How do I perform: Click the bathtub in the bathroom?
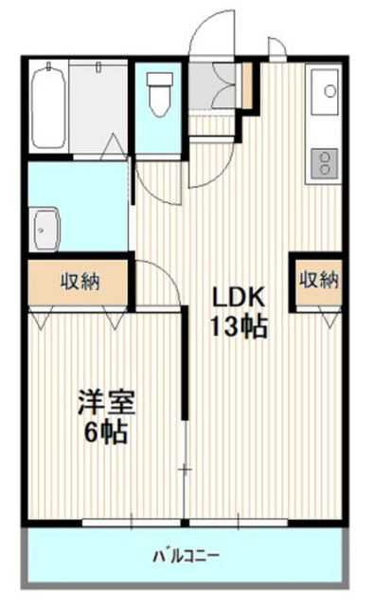coord(48,106)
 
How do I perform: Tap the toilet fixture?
coord(160,95)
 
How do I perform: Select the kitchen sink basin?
coord(325,91)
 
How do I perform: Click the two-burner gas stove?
coord(325,163)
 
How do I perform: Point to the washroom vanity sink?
coord(45,230)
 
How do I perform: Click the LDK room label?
coord(240,297)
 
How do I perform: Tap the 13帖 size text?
coord(239,326)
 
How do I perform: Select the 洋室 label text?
coord(106,402)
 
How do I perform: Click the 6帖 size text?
coord(106,432)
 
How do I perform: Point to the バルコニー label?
coord(187,557)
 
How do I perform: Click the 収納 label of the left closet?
coord(80,282)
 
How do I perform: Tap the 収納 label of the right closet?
coord(319,280)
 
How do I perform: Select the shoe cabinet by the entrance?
coord(247,85)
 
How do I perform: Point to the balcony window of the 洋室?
coord(132,523)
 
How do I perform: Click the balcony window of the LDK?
coord(239,523)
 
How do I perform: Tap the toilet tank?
coord(160,79)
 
